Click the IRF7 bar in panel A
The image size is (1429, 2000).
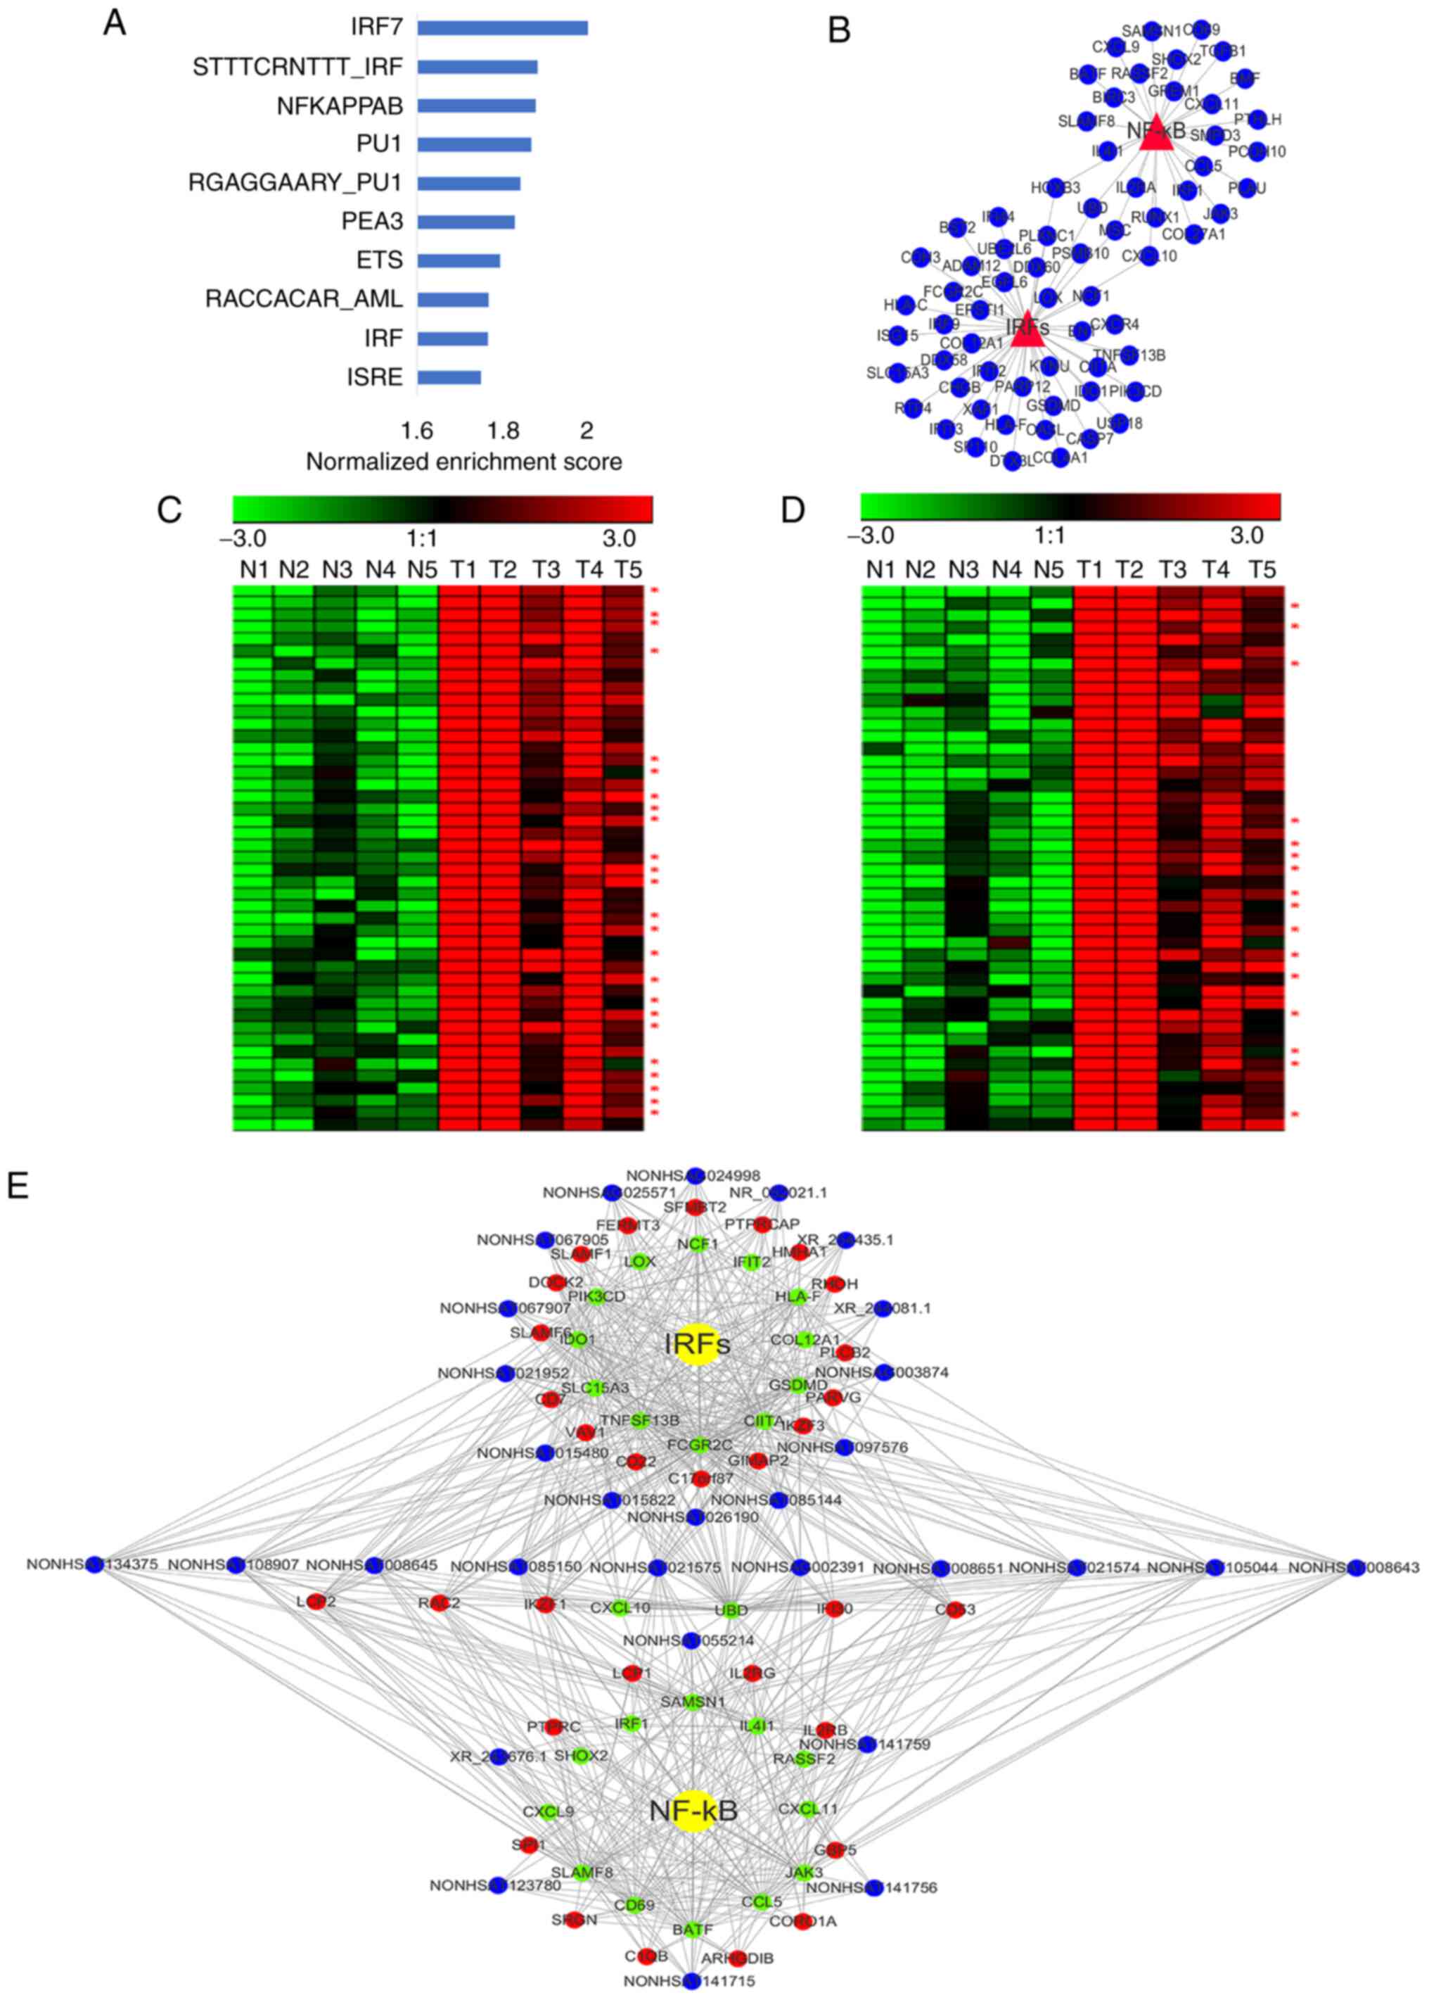click(x=501, y=28)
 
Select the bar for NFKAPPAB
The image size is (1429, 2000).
click(x=476, y=106)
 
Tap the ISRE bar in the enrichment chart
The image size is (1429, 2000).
click(x=449, y=378)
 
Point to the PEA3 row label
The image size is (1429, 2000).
click(x=372, y=221)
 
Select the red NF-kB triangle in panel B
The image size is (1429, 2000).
click(x=1155, y=133)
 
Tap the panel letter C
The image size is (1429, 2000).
click(x=169, y=510)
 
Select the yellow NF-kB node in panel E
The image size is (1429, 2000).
click(x=693, y=1810)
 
